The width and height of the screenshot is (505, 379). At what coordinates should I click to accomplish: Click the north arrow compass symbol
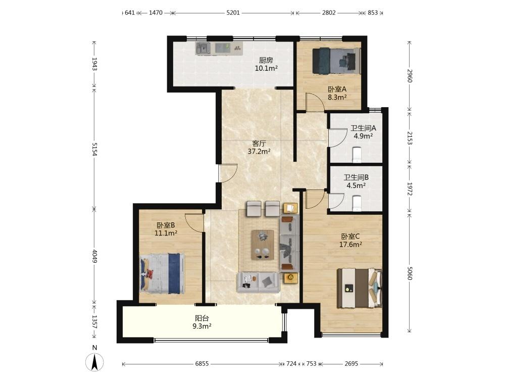[94, 362]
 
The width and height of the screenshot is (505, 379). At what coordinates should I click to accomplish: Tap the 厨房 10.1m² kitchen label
[266, 64]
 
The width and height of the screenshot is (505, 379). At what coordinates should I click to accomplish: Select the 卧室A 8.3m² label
[337, 93]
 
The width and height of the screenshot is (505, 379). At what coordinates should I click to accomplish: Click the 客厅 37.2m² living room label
[259, 147]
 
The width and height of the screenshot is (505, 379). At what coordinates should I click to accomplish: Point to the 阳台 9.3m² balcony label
[202, 322]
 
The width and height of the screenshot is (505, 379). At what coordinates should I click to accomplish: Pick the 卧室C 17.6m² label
[350, 241]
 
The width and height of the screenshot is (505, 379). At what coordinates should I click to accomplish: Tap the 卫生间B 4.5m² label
[356, 181]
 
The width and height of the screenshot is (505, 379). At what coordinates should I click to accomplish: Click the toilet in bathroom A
[357, 154]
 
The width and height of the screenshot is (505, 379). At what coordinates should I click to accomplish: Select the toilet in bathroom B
[356, 203]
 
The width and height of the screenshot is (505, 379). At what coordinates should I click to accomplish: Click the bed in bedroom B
[163, 273]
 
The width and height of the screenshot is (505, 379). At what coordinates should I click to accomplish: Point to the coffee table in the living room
[263, 245]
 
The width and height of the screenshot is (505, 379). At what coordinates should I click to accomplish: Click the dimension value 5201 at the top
[233, 13]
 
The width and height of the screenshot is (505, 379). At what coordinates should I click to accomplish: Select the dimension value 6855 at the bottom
[202, 363]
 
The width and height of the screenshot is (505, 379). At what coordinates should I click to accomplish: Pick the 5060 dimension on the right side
[410, 273]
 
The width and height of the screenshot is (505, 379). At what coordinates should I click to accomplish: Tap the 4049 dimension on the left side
[94, 256]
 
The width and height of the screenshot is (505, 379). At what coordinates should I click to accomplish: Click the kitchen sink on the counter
[203, 49]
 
